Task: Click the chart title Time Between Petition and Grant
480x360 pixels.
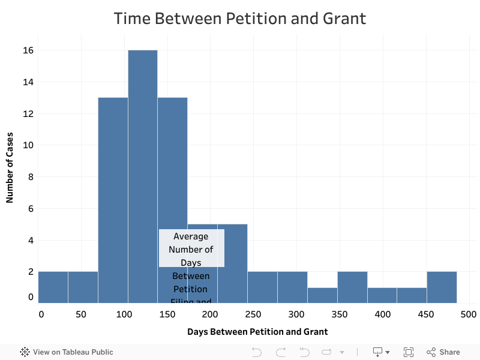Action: click(x=240, y=19)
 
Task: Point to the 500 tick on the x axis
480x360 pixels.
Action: click(x=469, y=314)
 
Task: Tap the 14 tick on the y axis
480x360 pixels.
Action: click(x=29, y=82)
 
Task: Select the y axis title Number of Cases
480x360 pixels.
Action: click(x=10, y=167)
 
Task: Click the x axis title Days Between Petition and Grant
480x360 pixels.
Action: click(x=257, y=332)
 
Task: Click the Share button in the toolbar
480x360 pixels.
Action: click(x=443, y=352)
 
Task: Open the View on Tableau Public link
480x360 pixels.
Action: click(x=73, y=352)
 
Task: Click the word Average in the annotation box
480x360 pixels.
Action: click(x=191, y=236)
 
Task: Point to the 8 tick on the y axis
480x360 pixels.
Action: click(x=29, y=177)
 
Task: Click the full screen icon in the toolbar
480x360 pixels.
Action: click(x=409, y=352)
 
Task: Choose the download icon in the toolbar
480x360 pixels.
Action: click(x=378, y=352)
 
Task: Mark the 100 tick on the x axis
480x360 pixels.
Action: click(x=124, y=314)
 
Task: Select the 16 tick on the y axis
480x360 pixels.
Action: click(x=29, y=50)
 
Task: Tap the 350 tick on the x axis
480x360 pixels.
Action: click(x=339, y=314)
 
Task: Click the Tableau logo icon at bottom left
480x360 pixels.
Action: click(x=25, y=352)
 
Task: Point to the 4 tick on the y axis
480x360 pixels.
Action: click(x=29, y=241)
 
